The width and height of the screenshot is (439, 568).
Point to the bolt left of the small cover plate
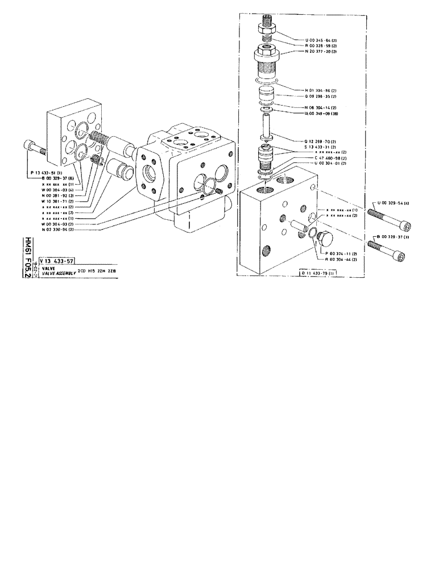point(34,149)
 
